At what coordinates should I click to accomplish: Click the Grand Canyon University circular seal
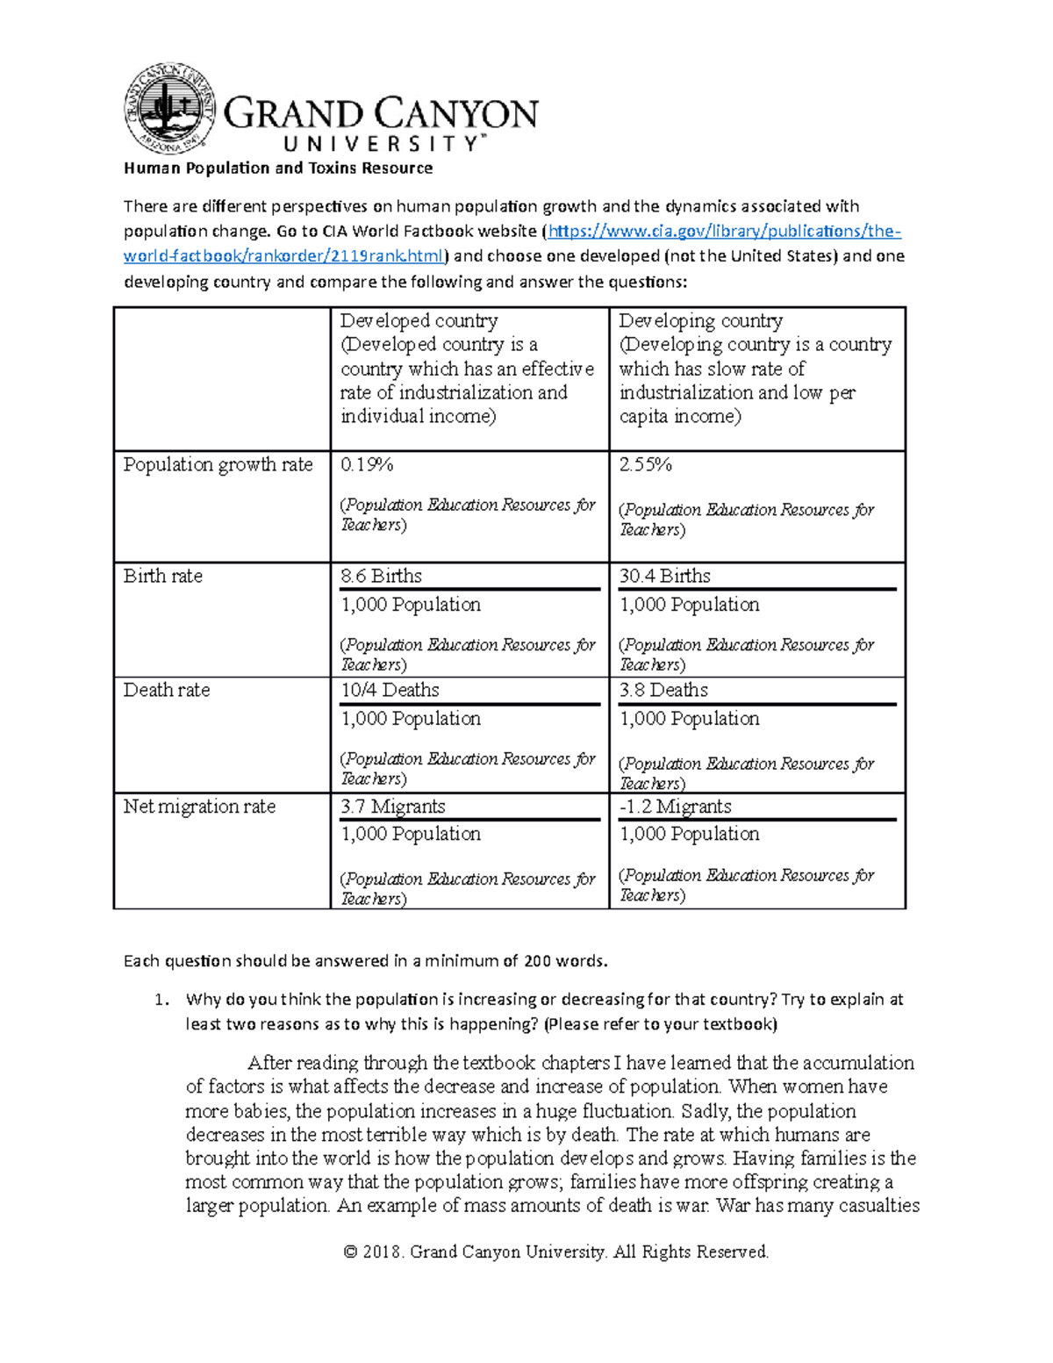tap(170, 109)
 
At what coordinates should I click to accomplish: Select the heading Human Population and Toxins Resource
tap(278, 169)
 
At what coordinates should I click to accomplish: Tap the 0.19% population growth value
tap(366, 465)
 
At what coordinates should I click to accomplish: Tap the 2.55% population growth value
tap(645, 465)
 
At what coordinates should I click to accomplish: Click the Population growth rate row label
tap(218, 465)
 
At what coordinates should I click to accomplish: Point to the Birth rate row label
tap(162, 577)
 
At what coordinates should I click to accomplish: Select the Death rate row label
tap(166, 691)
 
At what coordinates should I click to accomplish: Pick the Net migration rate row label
tap(199, 807)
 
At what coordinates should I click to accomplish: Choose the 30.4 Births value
tap(664, 577)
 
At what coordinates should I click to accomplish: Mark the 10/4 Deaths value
tap(390, 691)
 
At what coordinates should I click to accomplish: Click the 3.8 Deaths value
tap(663, 691)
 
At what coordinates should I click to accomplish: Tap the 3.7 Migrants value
tap(392, 807)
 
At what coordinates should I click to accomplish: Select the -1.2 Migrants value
tap(675, 807)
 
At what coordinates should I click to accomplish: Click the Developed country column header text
tap(419, 321)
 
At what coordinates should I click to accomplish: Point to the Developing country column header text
tap(700, 321)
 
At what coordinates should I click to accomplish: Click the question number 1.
tap(159, 1000)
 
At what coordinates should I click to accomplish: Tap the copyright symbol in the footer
tap(350, 1252)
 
